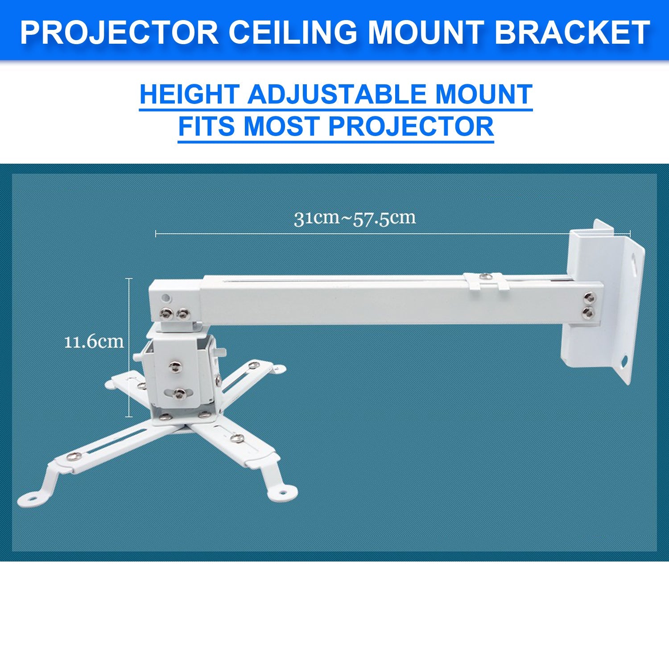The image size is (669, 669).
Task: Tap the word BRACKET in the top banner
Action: click(x=572, y=32)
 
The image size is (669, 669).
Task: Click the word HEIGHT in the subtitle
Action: click(x=189, y=95)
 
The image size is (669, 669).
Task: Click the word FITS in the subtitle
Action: click(x=206, y=126)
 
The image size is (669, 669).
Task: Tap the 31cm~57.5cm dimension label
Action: click(x=355, y=219)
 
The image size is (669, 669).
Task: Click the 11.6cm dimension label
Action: click(x=94, y=342)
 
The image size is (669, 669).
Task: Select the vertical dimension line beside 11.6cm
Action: click(x=130, y=348)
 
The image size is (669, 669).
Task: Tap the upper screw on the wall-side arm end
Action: click(x=589, y=296)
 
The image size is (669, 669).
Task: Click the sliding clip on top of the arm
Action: click(x=486, y=280)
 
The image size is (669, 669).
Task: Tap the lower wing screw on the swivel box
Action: click(x=179, y=393)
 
